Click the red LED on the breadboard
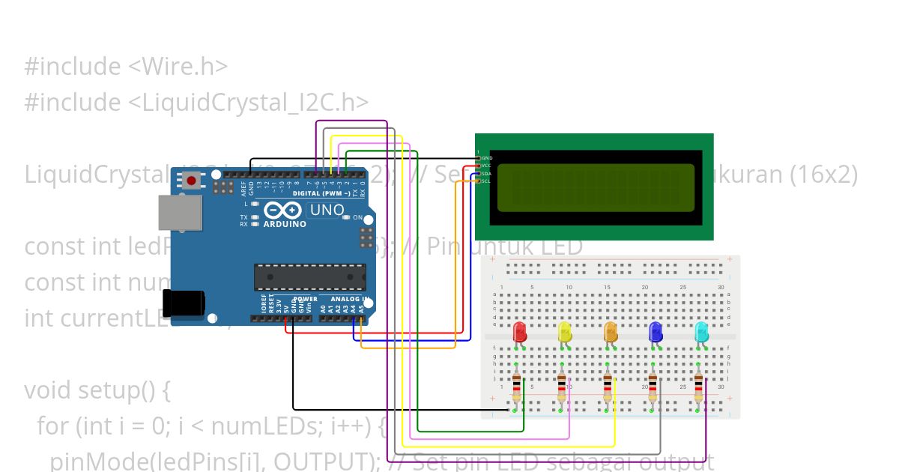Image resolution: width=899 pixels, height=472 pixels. tap(520, 332)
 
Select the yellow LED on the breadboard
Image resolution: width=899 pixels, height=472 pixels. tap(565, 332)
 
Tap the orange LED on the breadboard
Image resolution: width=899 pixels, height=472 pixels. tap(611, 332)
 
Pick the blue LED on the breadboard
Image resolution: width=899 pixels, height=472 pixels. tap(656, 332)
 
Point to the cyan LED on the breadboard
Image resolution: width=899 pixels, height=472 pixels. tap(701, 332)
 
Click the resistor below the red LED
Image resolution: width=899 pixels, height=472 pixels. tap(517, 388)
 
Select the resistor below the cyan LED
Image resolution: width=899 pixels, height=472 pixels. tap(698, 388)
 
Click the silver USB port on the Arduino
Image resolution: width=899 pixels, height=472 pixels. tap(180, 213)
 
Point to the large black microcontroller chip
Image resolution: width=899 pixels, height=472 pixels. tap(309, 276)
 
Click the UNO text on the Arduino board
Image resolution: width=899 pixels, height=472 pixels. tap(326, 210)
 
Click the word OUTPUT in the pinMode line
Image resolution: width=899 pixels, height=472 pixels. tap(323, 460)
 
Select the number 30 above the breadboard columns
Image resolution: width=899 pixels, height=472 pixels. tap(721, 288)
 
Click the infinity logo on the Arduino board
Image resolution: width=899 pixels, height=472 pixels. tap(282, 211)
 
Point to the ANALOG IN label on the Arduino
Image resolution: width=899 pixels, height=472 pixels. tap(345, 299)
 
